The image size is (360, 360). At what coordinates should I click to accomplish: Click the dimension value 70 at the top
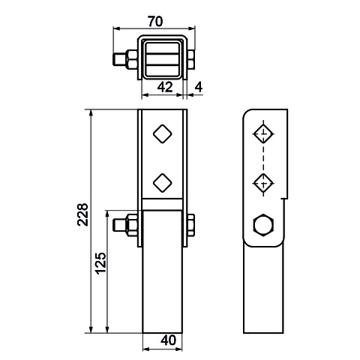(155, 22)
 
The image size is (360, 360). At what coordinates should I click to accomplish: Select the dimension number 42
(165, 87)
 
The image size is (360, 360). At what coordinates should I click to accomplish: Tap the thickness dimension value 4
(199, 87)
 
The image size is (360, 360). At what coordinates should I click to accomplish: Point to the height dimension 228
(82, 214)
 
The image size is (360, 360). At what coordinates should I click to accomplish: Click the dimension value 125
(101, 263)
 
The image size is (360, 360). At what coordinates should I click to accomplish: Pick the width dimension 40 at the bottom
(169, 340)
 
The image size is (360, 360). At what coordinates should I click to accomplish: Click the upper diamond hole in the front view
(163, 133)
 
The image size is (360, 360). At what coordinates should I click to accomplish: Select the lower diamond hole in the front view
(163, 183)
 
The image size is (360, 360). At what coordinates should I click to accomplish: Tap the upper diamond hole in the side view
(263, 133)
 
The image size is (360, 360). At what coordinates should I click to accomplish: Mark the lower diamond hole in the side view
(263, 183)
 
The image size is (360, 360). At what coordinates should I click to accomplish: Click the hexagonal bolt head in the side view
(263, 225)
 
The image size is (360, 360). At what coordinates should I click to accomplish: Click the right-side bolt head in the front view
(191, 225)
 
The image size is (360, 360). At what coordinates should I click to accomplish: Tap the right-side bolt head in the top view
(191, 59)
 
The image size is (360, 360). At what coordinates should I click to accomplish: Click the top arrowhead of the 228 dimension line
(91, 113)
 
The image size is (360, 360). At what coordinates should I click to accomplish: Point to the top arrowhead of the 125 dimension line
(107, 214)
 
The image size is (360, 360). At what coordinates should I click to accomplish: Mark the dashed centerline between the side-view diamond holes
(263, 158)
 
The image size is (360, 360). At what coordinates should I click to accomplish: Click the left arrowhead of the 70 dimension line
(117, 28)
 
